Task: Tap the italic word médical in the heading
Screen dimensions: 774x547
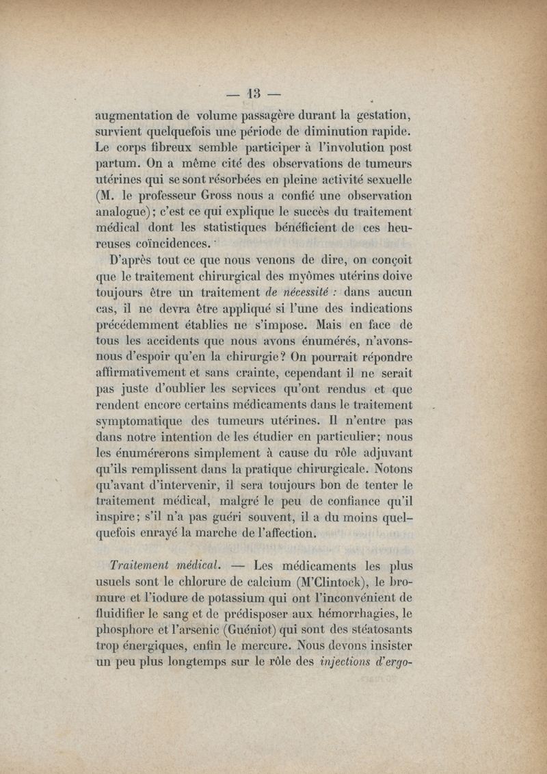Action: (198, 566)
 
